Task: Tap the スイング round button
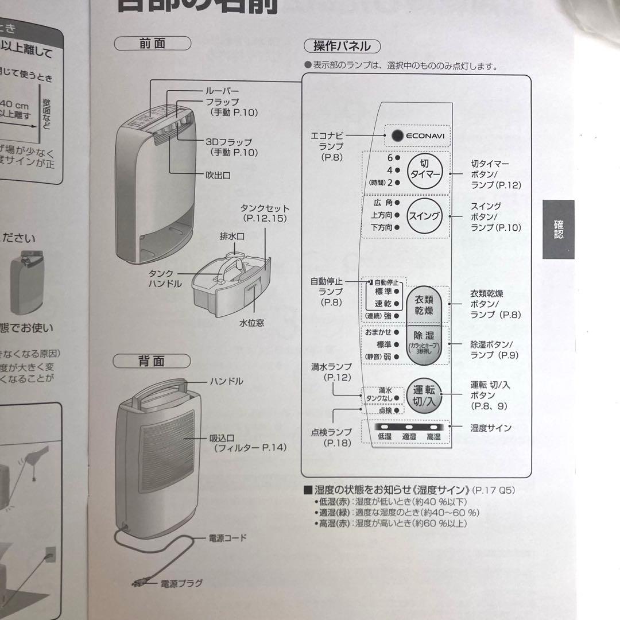[424, 216]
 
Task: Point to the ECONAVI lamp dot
[397, 136]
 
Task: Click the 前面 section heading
[152, 44]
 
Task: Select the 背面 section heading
[152, 361]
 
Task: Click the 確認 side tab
[558, 230]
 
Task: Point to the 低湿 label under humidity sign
[384, 437]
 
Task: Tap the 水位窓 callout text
[251, 323]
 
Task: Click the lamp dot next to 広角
[397, 203]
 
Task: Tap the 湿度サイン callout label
[491, 428]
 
